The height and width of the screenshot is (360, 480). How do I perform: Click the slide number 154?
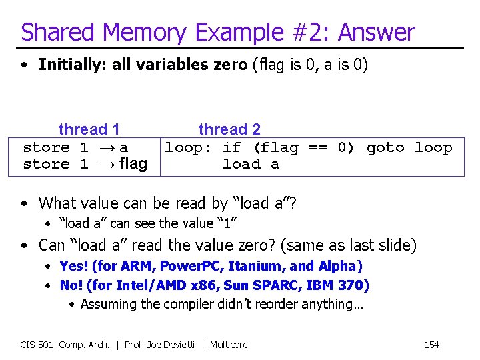(431, 345)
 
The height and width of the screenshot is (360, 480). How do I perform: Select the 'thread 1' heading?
(89, 129)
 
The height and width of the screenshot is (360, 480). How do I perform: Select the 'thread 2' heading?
(229, 129)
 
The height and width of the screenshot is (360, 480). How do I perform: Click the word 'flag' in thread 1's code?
(133, 164)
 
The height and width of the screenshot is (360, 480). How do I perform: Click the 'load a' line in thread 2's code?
(251, 165)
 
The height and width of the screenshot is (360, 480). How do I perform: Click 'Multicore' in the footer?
(229, 345)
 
